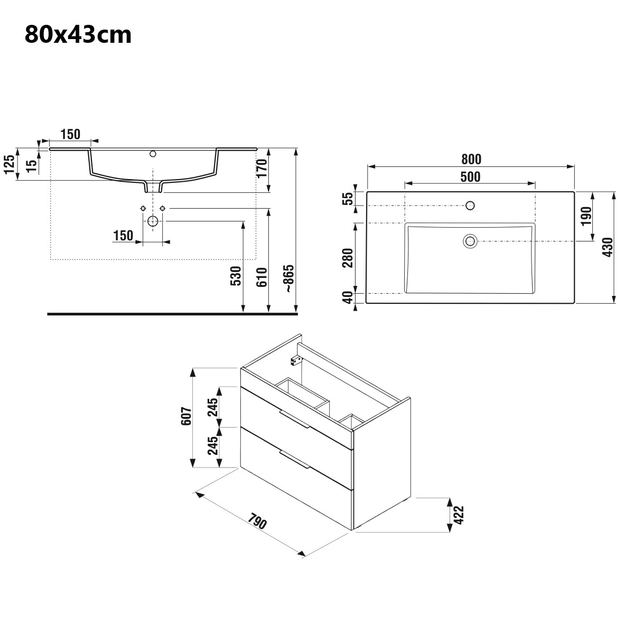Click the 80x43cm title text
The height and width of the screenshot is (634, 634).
78,35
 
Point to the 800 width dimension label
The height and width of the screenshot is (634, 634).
471,159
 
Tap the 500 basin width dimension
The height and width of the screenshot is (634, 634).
470,177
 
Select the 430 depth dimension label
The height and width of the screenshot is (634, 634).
608,247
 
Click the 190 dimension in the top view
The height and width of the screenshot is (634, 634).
586,216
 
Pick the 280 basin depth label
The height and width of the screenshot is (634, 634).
348,258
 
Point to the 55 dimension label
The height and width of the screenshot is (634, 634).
348,199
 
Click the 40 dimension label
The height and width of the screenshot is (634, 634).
348,298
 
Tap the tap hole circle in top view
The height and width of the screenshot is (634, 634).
470,206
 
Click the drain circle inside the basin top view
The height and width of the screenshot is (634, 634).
470,241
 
